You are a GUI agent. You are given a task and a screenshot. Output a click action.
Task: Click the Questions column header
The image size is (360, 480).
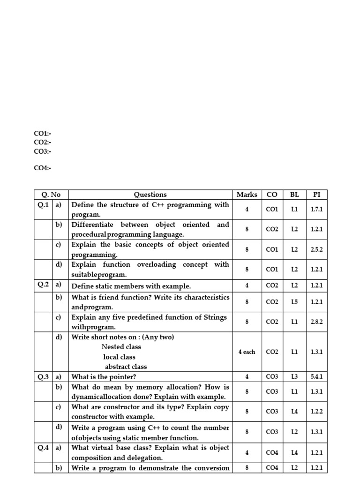pos(150,195)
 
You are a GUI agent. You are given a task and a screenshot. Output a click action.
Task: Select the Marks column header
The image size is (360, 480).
pos(247,195)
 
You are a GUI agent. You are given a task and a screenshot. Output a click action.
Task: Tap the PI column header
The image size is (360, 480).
pos(316,195)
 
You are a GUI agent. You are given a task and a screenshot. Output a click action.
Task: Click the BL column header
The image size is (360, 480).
pos(294,195)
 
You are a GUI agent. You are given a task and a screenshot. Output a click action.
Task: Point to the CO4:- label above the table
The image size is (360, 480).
pos(42,168)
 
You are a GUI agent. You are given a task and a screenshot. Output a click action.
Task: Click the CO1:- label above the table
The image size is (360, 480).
pos(42,134)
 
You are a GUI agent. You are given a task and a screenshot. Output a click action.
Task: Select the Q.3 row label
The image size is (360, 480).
pos(43,376)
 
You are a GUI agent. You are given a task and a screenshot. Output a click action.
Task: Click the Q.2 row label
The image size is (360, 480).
pos(43,285)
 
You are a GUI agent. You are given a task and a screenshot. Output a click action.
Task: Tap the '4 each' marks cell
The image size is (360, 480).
pos(247,352)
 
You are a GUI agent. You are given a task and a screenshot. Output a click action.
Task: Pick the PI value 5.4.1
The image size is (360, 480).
pos(316,376)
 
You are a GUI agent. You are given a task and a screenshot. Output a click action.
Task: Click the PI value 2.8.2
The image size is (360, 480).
pos(316,322)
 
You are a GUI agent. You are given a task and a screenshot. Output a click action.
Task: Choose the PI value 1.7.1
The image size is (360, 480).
pos(316,210)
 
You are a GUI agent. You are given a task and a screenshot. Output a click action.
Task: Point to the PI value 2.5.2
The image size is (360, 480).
pos(316,250)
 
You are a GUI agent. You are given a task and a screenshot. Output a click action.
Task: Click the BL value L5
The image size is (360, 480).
pos(294,302)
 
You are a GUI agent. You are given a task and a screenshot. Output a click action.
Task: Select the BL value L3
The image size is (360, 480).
pos(294,376)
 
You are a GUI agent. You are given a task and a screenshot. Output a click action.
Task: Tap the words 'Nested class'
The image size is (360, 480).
pos(121,347)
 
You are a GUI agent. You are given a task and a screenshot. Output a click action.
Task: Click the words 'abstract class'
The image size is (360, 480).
pos(126,367)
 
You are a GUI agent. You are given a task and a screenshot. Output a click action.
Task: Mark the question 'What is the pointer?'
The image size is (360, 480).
pos(104,377)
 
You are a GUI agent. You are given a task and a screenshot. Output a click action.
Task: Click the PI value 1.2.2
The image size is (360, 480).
pos(316,412)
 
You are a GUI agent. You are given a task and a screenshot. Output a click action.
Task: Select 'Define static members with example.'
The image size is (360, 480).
pos(131,286)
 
